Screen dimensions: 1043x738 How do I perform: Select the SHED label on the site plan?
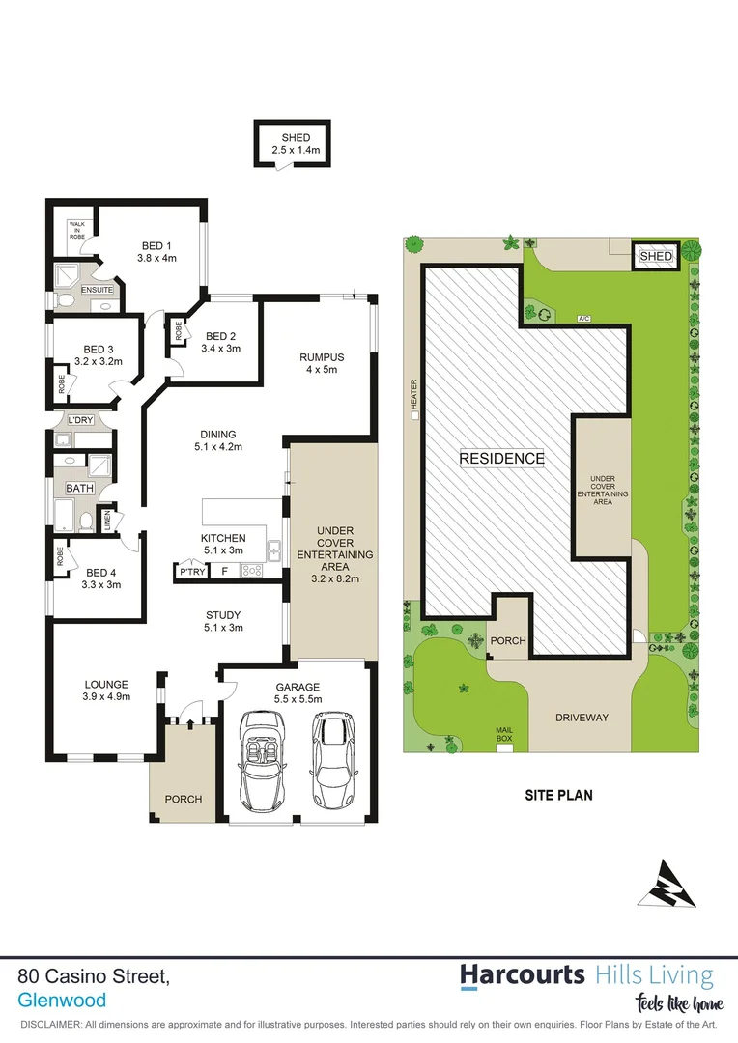coord(655,256)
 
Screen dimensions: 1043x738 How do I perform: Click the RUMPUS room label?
coord(322,357)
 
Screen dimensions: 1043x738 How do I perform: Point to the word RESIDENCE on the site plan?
coord(501,459)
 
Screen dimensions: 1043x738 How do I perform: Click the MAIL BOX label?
coord(504,734)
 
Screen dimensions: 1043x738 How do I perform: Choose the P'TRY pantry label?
coord(187,573)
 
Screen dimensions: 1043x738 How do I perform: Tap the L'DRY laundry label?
coord(79,420)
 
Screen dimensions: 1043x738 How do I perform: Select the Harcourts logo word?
coord(522,974)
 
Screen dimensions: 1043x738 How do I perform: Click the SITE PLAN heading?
coord(558,796)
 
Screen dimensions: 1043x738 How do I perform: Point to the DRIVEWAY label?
coord(582,718)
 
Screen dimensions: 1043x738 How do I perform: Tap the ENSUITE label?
coord(97,289)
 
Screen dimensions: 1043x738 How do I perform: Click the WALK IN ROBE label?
coord(76,230)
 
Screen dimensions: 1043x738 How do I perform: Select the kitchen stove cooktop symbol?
coord(251,571)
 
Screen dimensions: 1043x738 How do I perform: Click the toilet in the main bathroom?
coord(86,521)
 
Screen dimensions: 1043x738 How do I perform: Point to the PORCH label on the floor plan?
coord(182,799)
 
